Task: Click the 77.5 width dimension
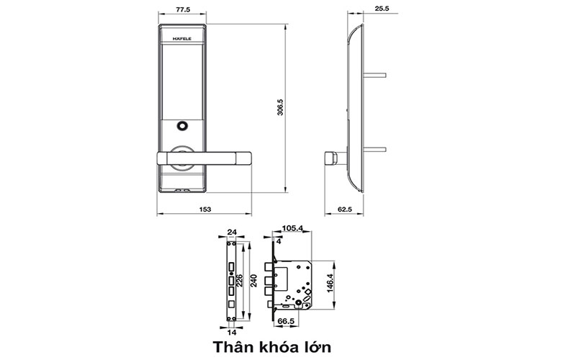coord(181,12)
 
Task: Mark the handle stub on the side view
coord(333,156)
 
